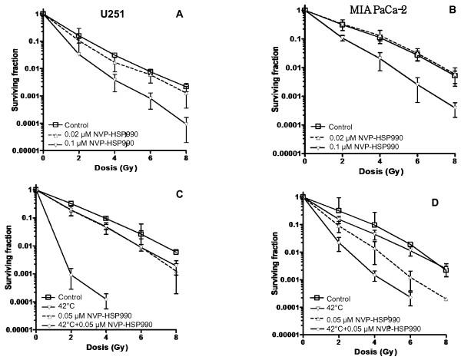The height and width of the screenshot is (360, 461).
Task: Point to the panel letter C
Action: tap(178, 193)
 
